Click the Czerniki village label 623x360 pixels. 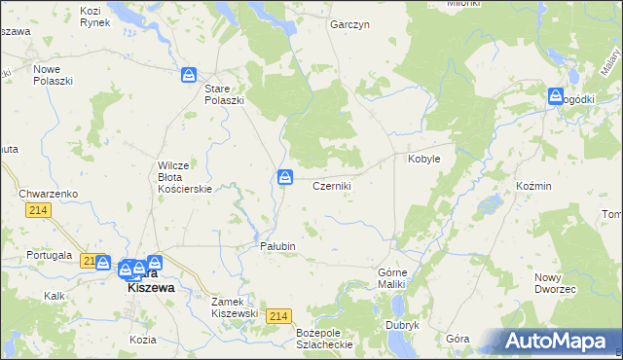pyautogui.click(x=331, y=185)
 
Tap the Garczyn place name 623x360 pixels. pyautogui.click(x=349, y=24)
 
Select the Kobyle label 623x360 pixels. pyautogui.click(x=424, y=158)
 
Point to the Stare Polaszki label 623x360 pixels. pyautogui.click(x=223, y=94)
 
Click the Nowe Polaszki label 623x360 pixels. pyautogui.click(x=54, y=76)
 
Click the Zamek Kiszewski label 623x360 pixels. pyautogui.click(x=235, y=307)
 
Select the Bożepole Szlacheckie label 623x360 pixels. pyautogui.click(x=323, y=339)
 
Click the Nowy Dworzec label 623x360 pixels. pyautogui.click(x=554, y=284)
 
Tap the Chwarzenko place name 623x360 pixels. pyautogui.click(x=48, y=194)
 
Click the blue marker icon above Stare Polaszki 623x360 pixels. pyautogui.click(x=189, y=74)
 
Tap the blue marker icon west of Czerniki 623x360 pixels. pyautogui.click(x=284, y=176)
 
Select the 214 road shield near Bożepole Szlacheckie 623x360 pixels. pyautogui.click(x=279, y=316)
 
